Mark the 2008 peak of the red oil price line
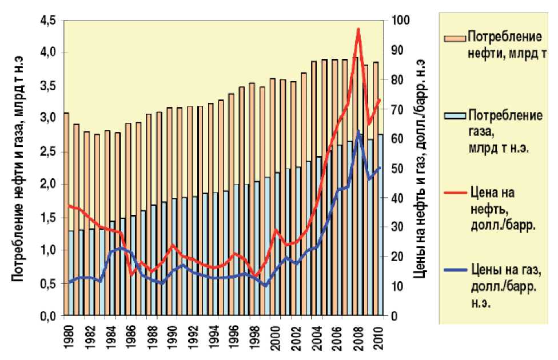[358, 29]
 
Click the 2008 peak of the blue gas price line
[358, 132]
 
